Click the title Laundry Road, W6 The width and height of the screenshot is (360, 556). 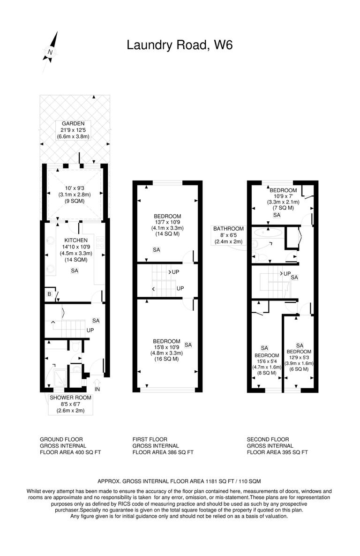(180, 45)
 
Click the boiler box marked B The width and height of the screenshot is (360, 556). (49, 294)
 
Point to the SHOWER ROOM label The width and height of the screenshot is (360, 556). (71, 397)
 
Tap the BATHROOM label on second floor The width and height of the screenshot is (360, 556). (229, 229)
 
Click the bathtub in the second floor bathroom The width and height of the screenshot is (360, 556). (267, 232)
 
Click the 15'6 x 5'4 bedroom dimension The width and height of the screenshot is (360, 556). (266, 361)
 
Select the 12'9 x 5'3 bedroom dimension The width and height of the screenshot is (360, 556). (299, 358)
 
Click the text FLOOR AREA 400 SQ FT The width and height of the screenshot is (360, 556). (70, 452)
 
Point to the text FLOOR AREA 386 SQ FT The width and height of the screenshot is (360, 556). (163, 452)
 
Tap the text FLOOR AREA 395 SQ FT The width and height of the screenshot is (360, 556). (277, 452)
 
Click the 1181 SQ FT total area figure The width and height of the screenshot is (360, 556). (220, 481)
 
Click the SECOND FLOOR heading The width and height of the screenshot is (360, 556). (267, 439)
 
